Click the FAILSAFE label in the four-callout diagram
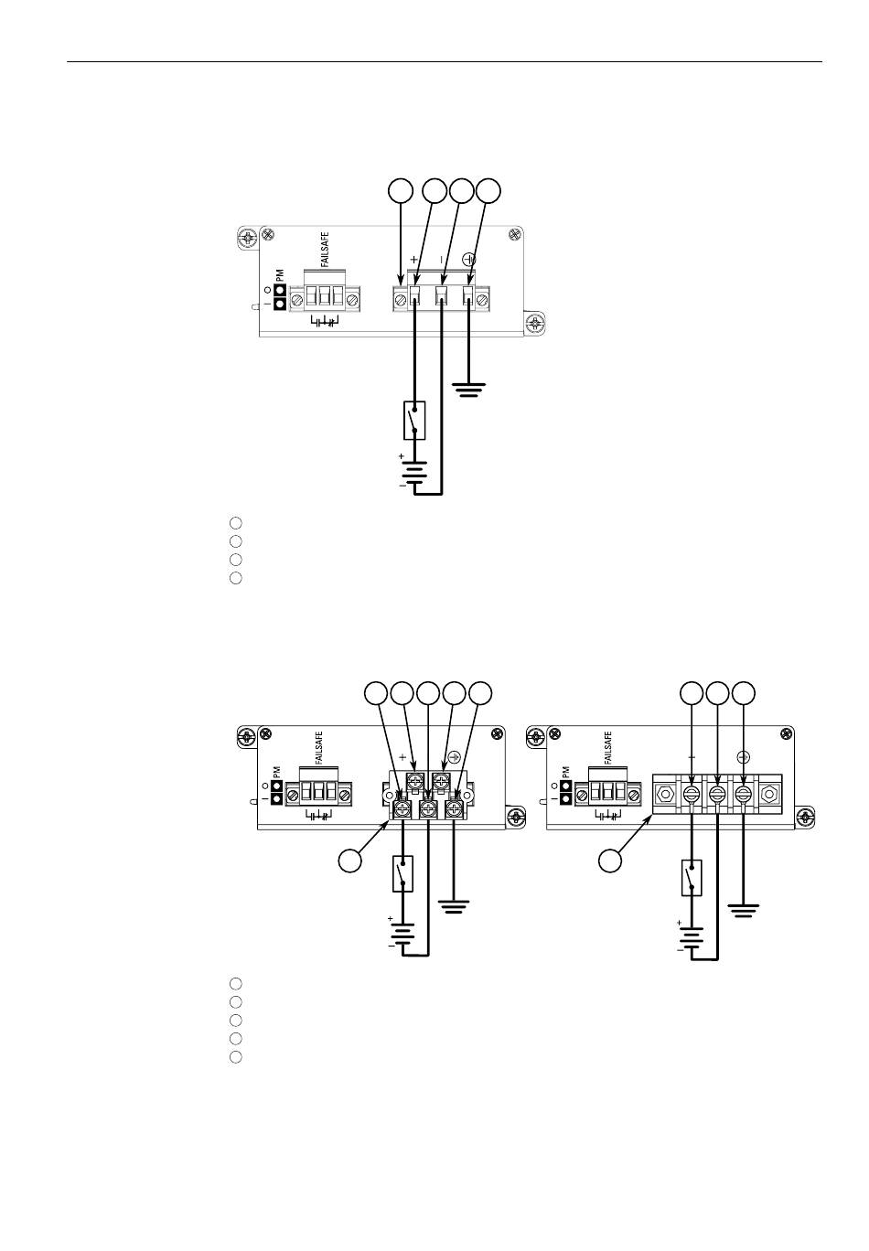(325, 250)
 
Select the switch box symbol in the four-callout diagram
(413, 420)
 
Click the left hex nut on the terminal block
(665, 793)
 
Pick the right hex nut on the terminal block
(770, 793)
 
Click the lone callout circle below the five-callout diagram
(350, 860)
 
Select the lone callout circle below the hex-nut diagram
(610, 860)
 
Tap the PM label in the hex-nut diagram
(566, 772)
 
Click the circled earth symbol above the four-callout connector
(469, 259)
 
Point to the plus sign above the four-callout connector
(413, 259)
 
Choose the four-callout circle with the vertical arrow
(401, 190)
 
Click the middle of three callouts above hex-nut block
(718, 693)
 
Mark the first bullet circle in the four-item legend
(236, 523)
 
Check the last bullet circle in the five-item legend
(236, 1056)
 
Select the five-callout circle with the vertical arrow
(428, 693)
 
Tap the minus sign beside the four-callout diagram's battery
(402, 486)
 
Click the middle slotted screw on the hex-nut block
(718, 793)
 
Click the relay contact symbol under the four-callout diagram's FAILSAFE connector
(324, 322)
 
